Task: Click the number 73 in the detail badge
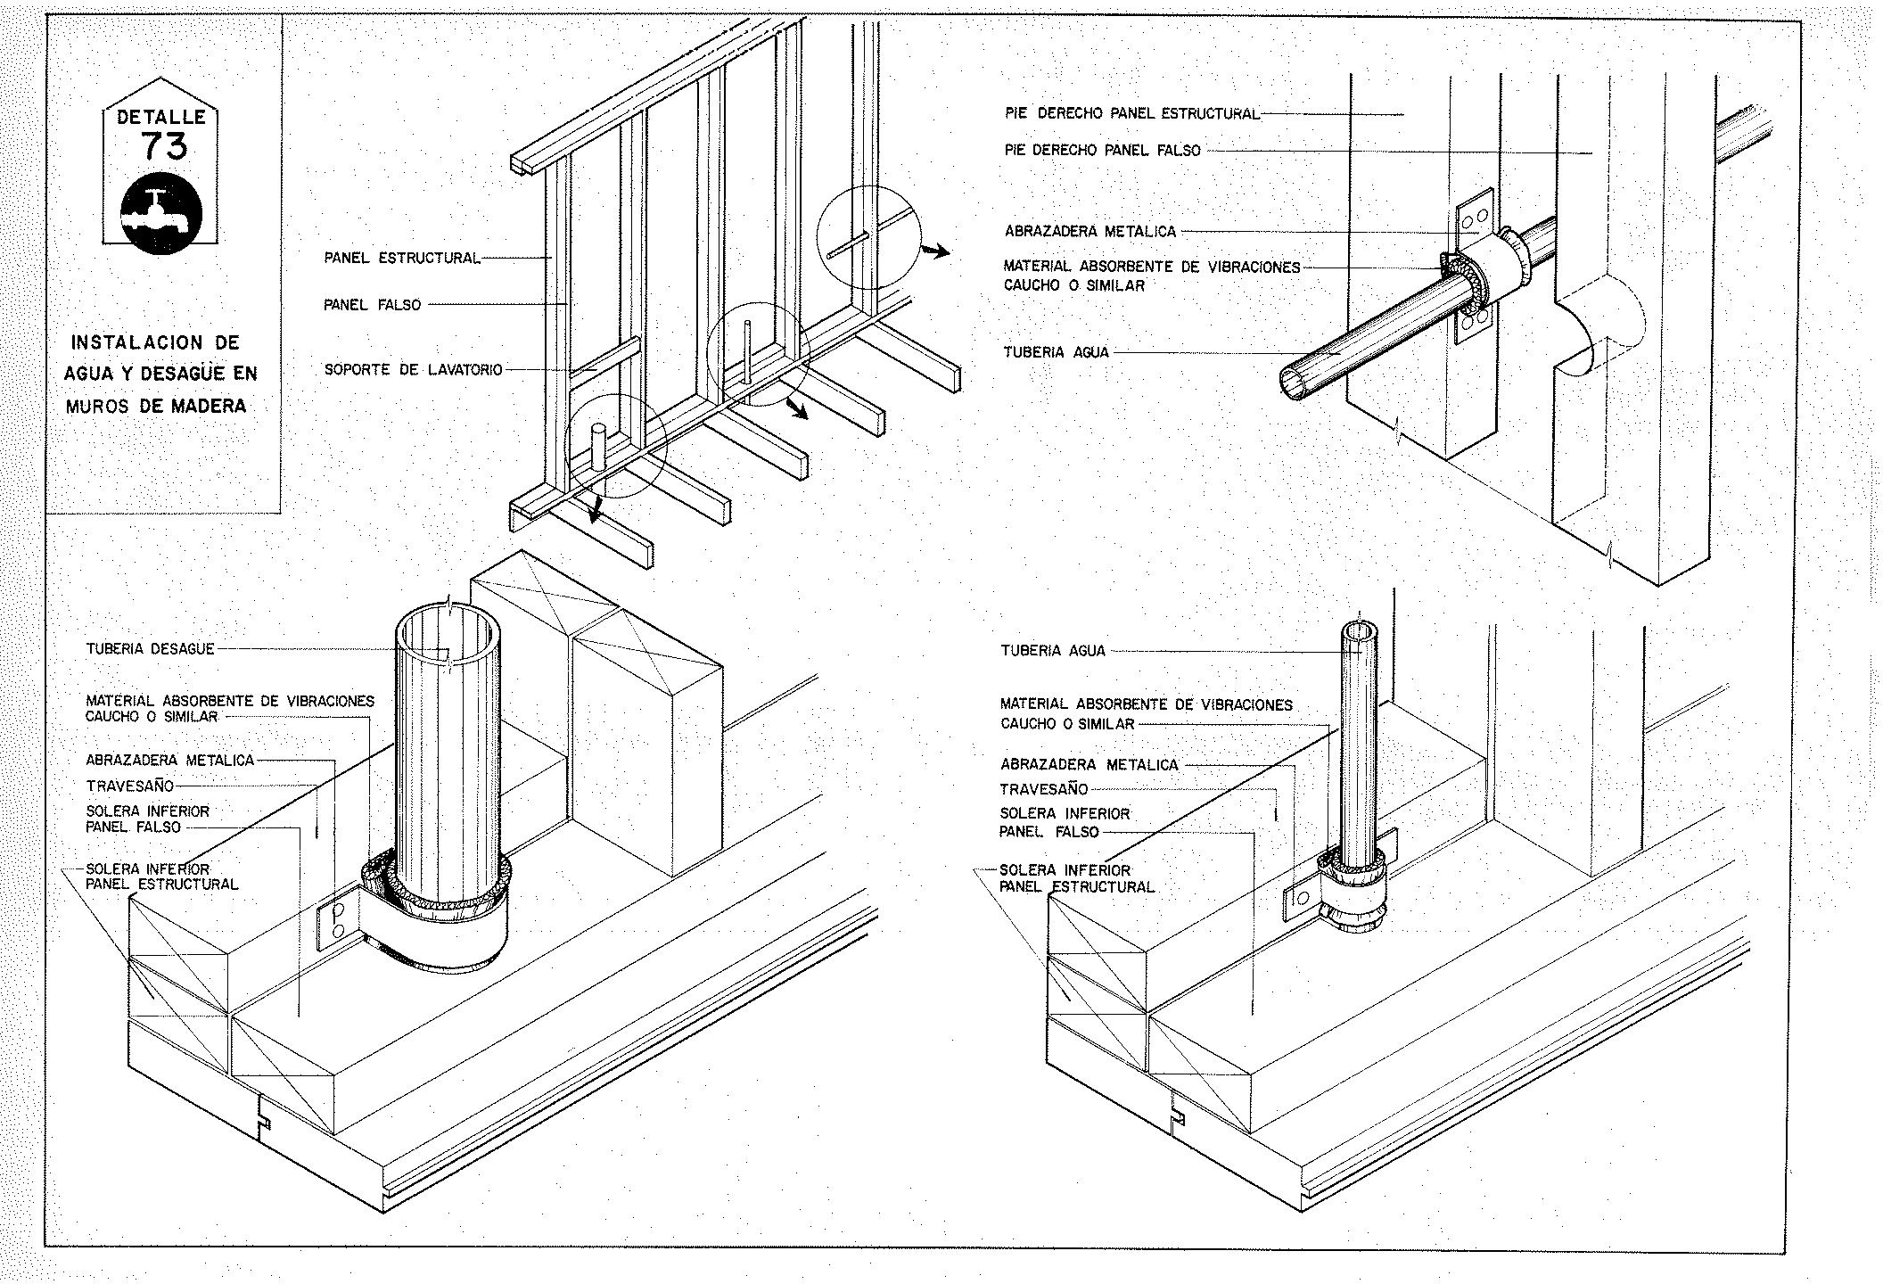(x=164, y=144)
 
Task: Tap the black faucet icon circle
(x=161, y=214)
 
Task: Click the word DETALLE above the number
(x=161, y=117)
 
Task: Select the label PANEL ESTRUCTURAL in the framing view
(x=401, y=259)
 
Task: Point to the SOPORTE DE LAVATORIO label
(x=413, y=369)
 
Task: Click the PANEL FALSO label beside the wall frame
(x=372, y=305)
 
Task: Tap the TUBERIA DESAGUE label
(x=150, y=649)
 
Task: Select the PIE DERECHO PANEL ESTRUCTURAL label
(x=1131, y=113)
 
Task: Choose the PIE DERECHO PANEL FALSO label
(x=1102, y=151)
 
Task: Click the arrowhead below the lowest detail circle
(x=595, y=514)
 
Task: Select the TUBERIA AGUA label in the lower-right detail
(x=1052, y=651)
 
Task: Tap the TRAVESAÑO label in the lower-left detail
(x=130, y=786)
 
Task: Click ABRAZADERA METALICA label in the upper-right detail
(x=1090, y=232)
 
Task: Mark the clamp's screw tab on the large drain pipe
(x=337, y=921)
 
